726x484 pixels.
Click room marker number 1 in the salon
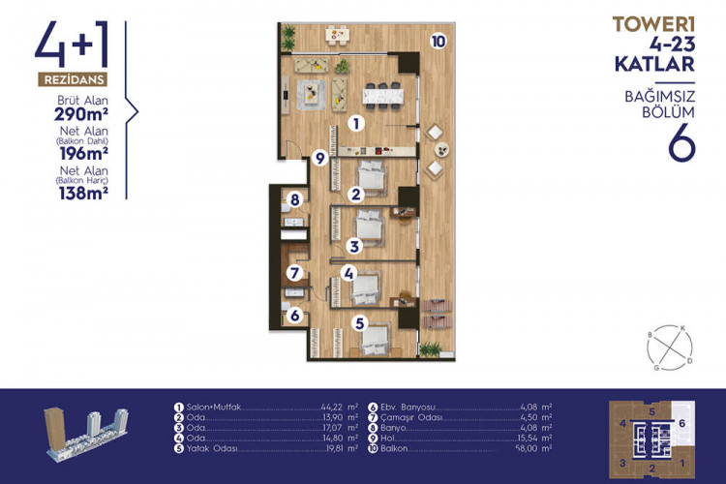356,124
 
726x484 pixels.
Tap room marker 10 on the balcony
439,42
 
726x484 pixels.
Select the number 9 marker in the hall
318,158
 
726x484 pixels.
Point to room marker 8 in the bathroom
295,201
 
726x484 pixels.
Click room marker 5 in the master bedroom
359,323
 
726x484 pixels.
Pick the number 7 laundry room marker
295,274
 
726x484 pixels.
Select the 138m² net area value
81,192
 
